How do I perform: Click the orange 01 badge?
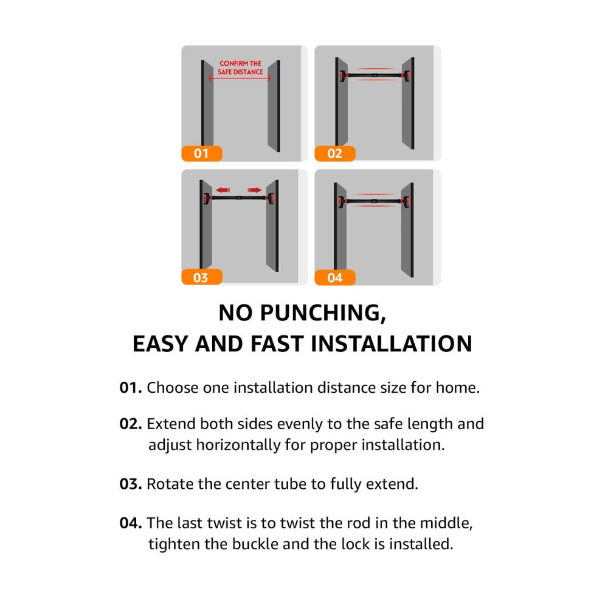202,154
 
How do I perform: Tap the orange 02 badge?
335,154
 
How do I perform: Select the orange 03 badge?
202,277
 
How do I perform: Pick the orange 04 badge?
335,278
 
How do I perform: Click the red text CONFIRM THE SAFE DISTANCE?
240,68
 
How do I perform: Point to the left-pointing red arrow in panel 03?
223,190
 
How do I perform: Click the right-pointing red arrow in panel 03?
254,190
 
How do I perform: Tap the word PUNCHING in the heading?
323,313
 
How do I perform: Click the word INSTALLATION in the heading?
392,344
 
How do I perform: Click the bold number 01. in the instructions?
131,388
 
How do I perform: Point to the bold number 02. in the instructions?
131,424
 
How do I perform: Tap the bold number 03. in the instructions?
131,484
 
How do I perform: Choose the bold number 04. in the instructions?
131,523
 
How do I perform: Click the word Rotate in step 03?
170,484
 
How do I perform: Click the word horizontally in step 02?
238,445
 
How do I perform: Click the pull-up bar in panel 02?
375,75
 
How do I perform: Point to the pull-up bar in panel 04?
374,201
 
